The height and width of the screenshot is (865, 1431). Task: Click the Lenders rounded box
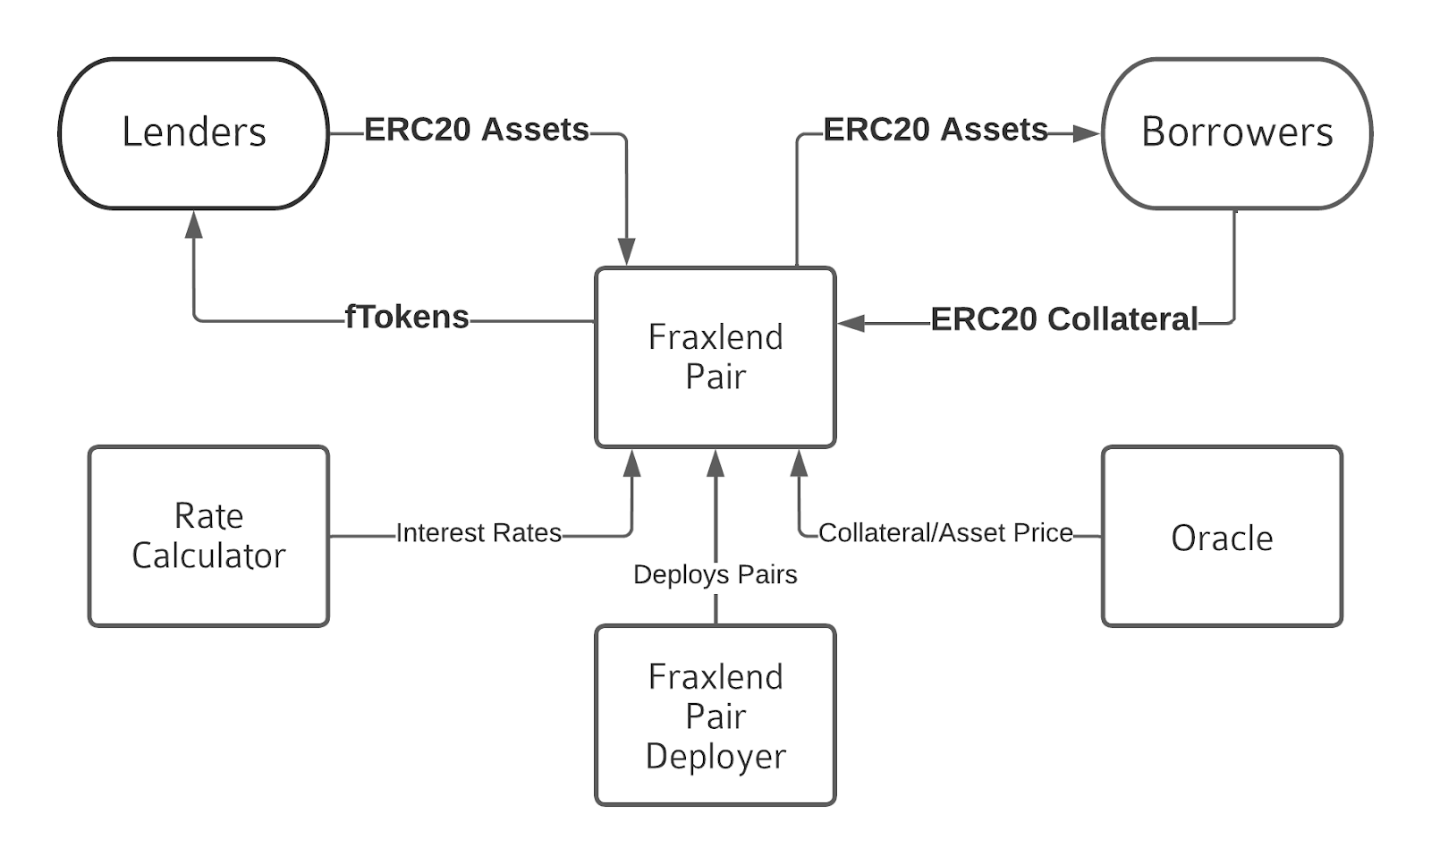(193, 134)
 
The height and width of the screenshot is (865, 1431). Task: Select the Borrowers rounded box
(1236, 134)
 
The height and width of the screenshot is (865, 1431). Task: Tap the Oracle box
(1222, 537)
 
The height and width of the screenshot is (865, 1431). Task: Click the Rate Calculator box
(208, 537)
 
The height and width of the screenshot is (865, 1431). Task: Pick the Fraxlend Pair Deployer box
(715, 716)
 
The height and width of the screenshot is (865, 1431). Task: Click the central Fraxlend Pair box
(715, 358)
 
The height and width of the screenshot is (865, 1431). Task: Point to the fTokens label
(407, 318)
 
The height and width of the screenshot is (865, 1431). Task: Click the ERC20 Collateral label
(1063, 319)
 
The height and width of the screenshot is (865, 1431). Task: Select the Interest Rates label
(478, 533)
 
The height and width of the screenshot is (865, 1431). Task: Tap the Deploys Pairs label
(715, 574)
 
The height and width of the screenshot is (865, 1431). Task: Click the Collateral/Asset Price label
(945, 533)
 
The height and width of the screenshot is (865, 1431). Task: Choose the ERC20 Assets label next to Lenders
(477, 130)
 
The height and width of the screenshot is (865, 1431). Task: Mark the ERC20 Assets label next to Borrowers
(936, 130)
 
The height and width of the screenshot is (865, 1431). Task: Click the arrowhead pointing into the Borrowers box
(1087, 134)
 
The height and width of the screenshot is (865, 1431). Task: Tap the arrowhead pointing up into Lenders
(193, 224)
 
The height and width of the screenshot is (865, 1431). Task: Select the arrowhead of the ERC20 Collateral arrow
(851, 323)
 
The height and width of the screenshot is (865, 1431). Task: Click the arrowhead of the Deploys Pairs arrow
(715, 462)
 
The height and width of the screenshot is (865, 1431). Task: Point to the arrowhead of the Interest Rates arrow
(632, 462)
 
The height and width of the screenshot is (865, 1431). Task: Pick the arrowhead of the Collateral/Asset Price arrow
(799, 462)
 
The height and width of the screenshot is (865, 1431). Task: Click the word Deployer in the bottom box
(715, 757)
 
